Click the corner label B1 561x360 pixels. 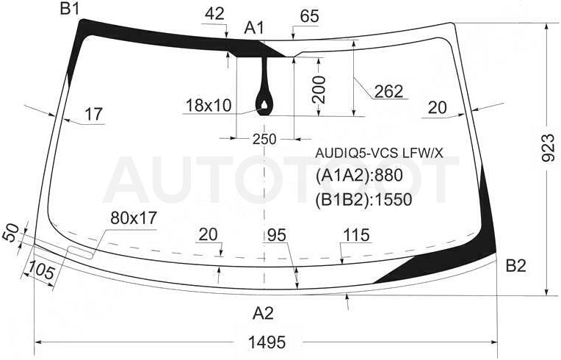[x=70, y=9]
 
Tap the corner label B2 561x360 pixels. [x=515, y=266]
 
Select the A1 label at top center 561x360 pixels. [x=254, y=28]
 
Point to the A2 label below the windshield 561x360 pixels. [x=263, y=314]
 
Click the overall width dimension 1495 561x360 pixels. [x=267, y=342]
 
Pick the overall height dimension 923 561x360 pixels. [x=548, y=148]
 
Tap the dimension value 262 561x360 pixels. [x=388, y=91]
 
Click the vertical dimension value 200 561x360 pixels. [x=319, y=90]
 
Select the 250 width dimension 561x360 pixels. [x=264, y=139]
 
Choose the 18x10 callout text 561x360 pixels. [x=209, y=106]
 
